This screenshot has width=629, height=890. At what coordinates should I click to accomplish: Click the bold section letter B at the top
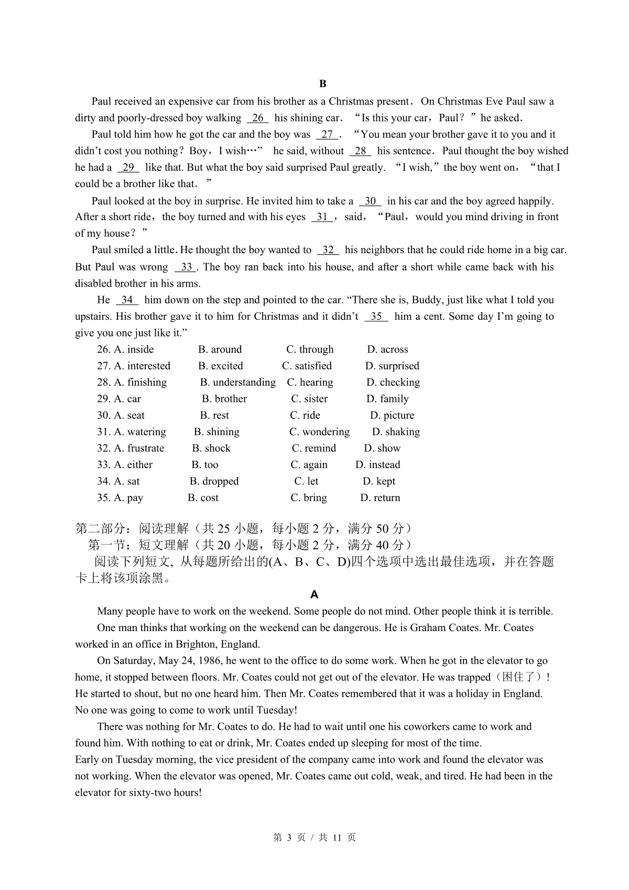pyautogui.click(x=322, y=84)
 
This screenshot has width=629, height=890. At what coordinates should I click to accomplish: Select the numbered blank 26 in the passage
pyautogui.click(x=257, y=118)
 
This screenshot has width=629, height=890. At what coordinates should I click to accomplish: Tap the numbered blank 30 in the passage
pyautogui.click(x=370, y=201)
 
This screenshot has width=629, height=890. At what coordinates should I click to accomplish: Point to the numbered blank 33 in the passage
pyautogui.click(x=186, y=267)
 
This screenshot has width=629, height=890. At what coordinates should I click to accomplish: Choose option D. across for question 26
pyautogui.click(x=387, y=350)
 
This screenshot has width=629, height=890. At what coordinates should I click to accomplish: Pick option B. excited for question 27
pyautogui.click(x=221, y=366)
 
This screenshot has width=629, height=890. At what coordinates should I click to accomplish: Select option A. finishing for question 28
pyautogui.click(x=140, y=383)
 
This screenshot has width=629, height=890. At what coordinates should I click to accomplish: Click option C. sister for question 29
pyautogui.click(x=309, y=399)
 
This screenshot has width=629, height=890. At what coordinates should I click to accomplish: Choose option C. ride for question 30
pyautogui.click(x=305, y=416)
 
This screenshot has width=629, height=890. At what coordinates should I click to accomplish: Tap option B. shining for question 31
pyautogui.click(x=216, y=432)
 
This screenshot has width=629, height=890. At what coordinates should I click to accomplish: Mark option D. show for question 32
pyautogui.click(x=382, y=449)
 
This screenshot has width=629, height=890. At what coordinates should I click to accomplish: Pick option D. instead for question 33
pyautogui.click(x=377, y=465)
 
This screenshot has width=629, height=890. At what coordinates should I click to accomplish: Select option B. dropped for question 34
pyautogui.click(x=214, y=481)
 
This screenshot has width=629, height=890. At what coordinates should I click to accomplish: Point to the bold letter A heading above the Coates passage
pyautogui.click(x=314, y=595)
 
